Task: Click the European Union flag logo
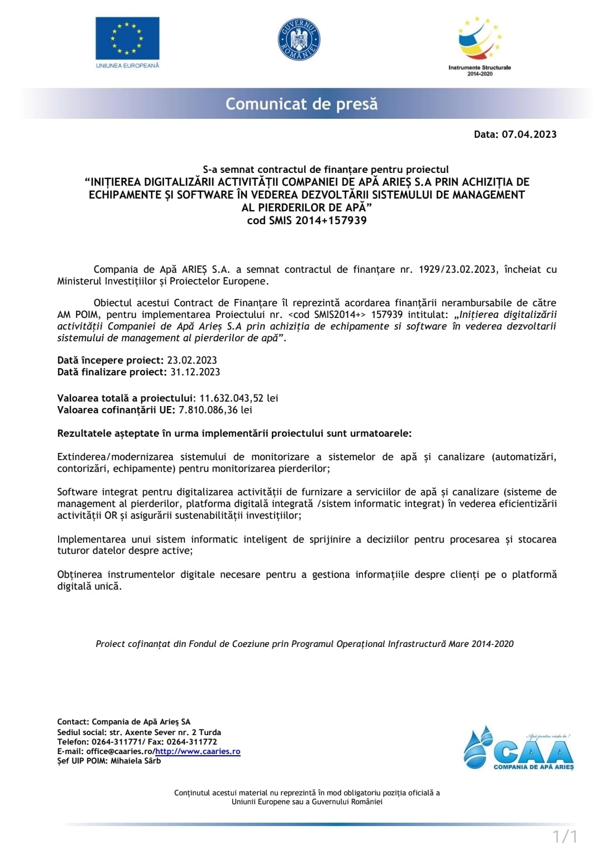coord(127,38)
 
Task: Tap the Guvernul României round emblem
coord(299,40)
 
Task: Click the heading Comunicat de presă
coord(301,104)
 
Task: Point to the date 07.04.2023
coord(529,134)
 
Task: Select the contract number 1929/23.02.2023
coord(457,269)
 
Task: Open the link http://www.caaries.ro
coord(198,751)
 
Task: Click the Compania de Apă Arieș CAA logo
coord(518,748)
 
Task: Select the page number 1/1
coord(564,836)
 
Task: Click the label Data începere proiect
coord(109,360)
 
